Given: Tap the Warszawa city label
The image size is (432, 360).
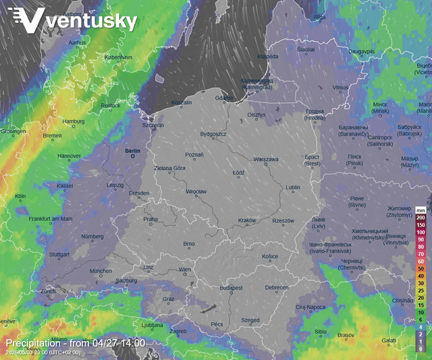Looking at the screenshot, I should (266, 159).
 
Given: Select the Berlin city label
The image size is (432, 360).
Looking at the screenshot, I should (132, 151).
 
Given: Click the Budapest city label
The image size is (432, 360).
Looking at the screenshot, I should (231, 288).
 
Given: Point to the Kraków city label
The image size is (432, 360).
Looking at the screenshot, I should (247, 220).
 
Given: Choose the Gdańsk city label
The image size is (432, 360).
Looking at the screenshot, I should (225, 99).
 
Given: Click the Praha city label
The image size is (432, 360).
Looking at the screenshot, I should (151, 219).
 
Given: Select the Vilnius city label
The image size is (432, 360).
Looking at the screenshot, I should (340, 87).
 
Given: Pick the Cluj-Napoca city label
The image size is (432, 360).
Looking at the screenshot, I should (310, 307).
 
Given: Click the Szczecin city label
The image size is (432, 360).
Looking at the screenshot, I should (153, 125).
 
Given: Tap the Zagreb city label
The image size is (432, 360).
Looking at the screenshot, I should (178, 332).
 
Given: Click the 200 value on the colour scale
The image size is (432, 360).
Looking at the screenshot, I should (421, 217).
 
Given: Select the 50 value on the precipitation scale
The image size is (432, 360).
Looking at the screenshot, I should (421, 268).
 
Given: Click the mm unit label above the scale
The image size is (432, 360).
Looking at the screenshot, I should (421, 209).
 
